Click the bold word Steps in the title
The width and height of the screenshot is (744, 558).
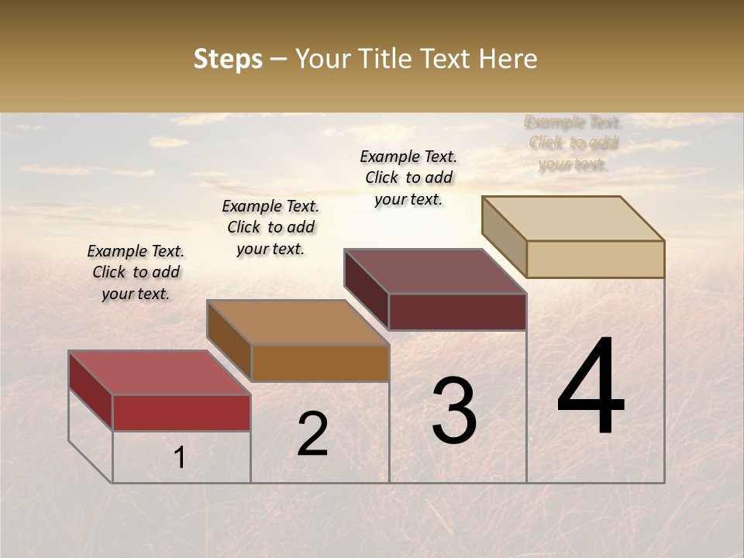click(x=228, y=59)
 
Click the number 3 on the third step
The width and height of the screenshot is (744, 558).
click(x=453, y=411)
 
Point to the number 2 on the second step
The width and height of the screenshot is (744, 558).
click(x=312, y=434)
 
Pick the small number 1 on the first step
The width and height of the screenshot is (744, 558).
click(x=179, y=457)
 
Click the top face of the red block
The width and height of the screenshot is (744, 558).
click(x=159, y=373)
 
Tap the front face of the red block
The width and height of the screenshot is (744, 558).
click(x=181, y=412)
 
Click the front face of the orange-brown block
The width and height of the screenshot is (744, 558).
click(x=320, y=363)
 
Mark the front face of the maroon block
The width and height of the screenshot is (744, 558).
click(x=457, y=312)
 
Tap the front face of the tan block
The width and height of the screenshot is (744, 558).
click(x=595, y=259)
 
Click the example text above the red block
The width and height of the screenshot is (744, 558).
click(x=136, y=272)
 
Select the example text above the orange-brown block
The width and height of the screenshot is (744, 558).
click(x=270, y=227)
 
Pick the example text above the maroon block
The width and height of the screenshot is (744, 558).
click(x=408, y=177)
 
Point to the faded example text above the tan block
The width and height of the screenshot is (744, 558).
click(x=573, y=143)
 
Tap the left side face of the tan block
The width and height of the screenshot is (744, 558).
click(x=504, y=236)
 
